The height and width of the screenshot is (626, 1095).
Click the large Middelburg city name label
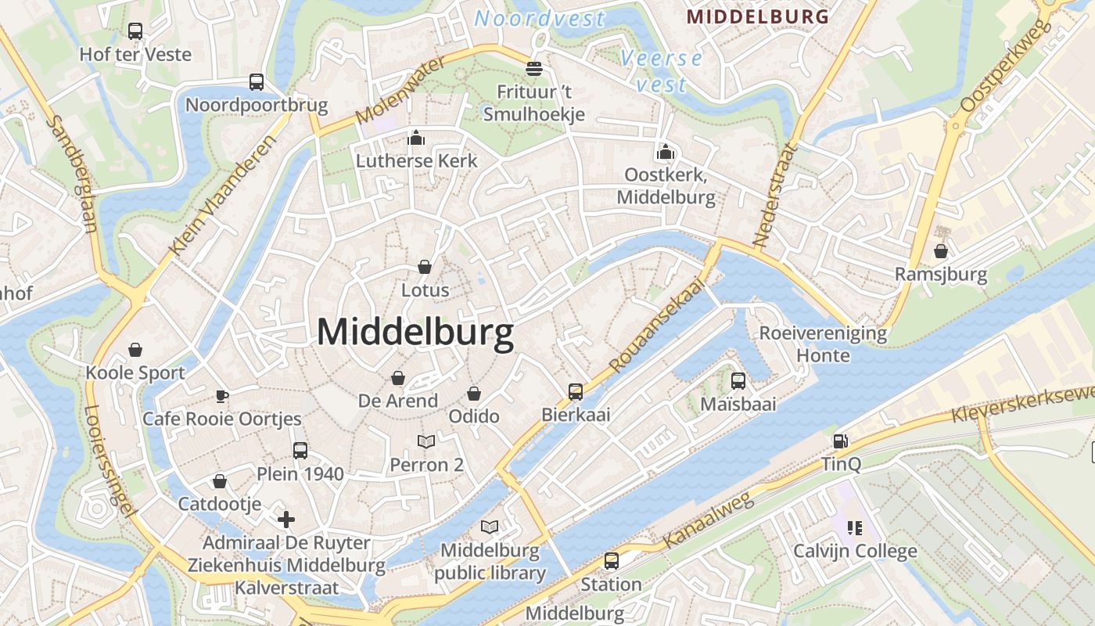(415, 333)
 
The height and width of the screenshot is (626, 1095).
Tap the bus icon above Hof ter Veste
(135, 31)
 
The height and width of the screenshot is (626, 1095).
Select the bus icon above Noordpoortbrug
(257, 81)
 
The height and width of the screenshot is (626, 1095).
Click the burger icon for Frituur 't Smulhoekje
(534, 69)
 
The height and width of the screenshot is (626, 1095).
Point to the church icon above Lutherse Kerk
(416, 139)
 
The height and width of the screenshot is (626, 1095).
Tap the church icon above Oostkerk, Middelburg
(666, 151)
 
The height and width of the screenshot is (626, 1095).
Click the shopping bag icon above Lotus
(425, 267)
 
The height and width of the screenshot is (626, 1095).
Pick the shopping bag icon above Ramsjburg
(941, 251)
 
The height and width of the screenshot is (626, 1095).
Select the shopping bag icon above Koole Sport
(135, 349)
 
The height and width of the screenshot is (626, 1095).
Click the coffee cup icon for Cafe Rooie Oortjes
(222, 396)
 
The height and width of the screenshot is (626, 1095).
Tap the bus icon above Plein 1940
(300, 450)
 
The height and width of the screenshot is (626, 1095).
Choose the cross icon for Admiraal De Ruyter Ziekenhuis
(286, 519)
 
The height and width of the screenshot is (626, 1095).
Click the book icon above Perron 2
(426, 442)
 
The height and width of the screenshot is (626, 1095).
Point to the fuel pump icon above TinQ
(841, 441)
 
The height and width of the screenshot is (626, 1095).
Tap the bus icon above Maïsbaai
(738, 381)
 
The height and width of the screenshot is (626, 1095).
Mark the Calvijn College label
(855, 551)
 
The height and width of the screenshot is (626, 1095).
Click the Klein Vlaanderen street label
(223, 196)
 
